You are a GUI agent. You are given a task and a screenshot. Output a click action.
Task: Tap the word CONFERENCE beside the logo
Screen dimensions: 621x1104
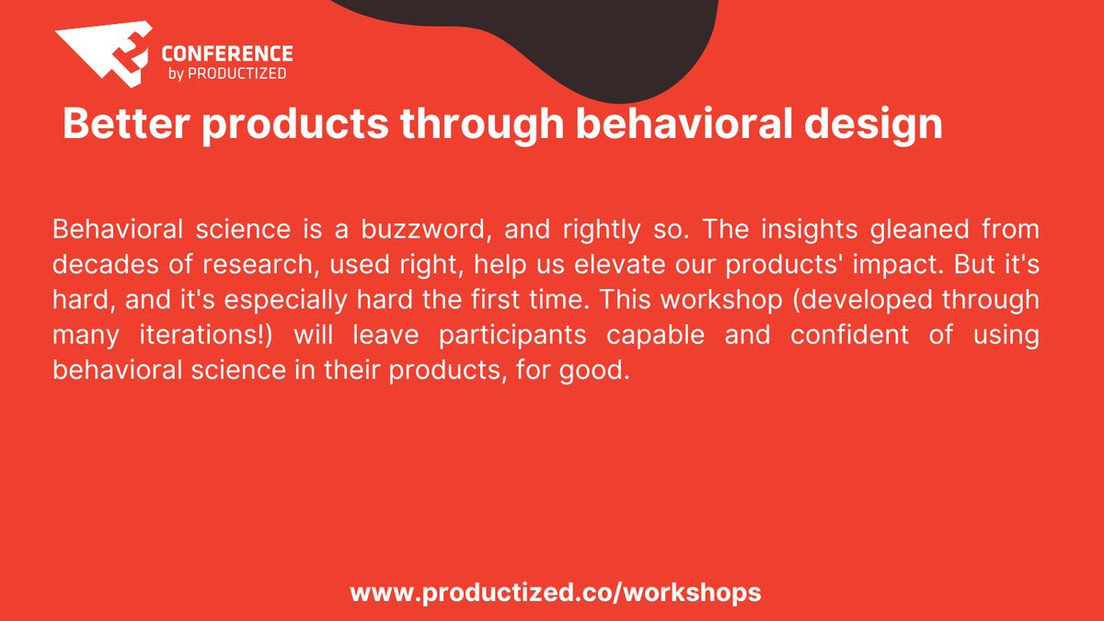(226, 53)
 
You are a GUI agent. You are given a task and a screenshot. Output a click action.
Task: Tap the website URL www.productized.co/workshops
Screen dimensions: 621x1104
(556, 592)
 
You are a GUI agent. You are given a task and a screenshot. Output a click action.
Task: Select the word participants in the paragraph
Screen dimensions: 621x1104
(512, 336)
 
